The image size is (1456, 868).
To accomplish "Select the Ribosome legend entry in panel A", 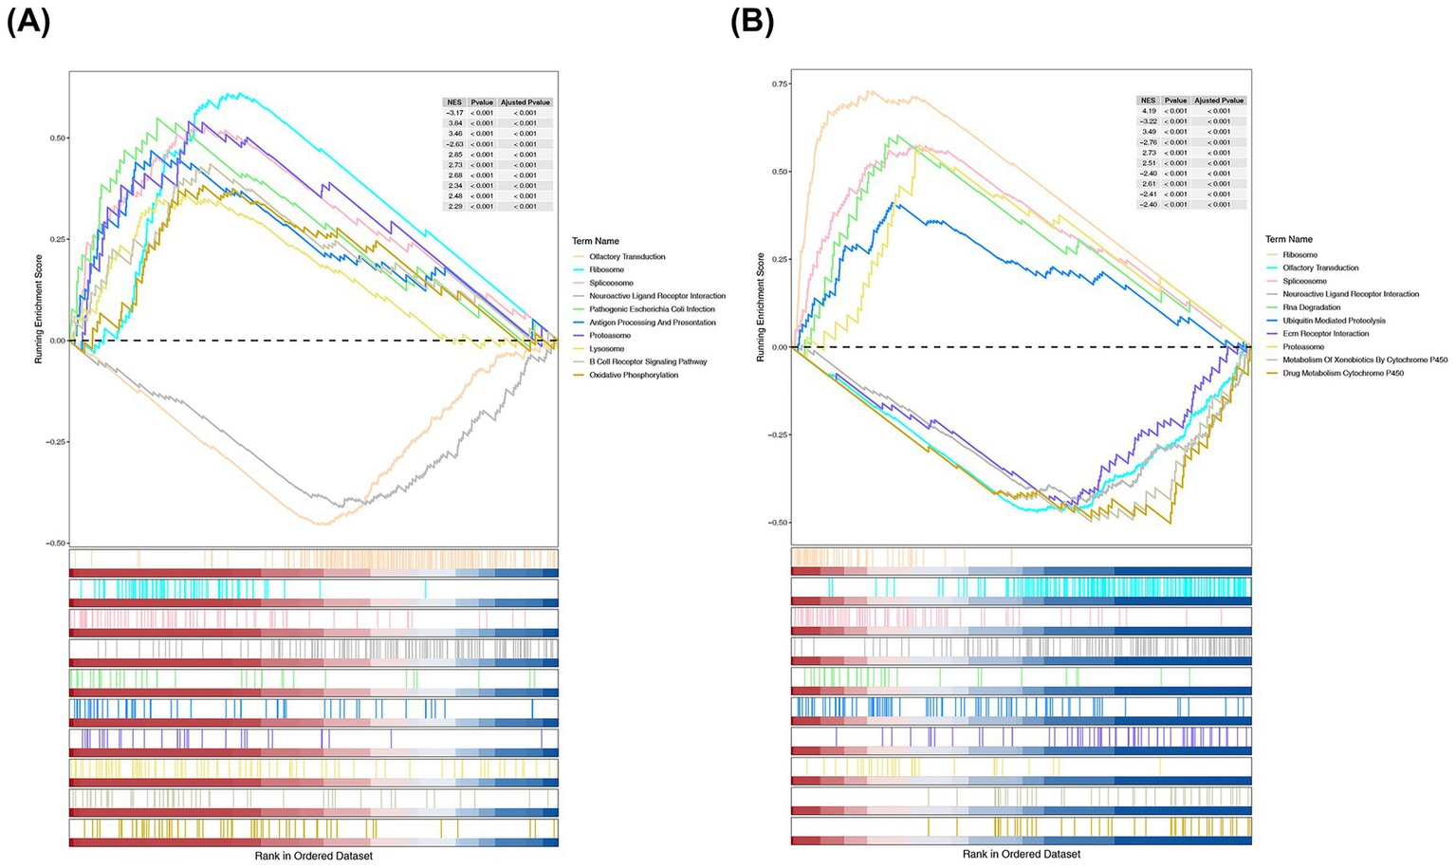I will pyautogui.click(x=606, y=269).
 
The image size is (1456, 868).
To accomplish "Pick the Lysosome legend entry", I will pyautogui.click(x=606, y=348).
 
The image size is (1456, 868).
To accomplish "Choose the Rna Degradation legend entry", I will pyautogui.click(x=1311, y=307).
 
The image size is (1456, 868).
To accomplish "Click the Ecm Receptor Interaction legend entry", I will pyautogui.click(x=1325, y=334).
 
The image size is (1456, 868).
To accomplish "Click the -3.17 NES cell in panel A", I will pyautogui.click(x=453, y=113).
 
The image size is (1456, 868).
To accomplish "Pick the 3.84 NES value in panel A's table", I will pyautogui.click(x=453, y=123).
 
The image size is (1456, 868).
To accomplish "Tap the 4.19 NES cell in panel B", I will pyautogui.click(x=1148, y=111).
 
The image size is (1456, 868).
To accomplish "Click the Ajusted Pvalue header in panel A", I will pyautogui.click(x=526, y=102).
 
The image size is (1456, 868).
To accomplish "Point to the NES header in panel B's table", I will pyautogui.click(x=1148, y=101).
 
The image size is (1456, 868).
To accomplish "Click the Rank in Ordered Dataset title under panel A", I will pyautogui.click(x=313, y=856).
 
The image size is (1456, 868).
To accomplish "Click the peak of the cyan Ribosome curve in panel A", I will pyautogui.click(x=239, y=93).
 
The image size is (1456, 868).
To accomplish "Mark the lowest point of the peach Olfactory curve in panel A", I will pyautogui.click(x=323, y=525).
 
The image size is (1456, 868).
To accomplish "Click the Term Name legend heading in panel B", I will pyautogui.click(x=1288, y=239).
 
